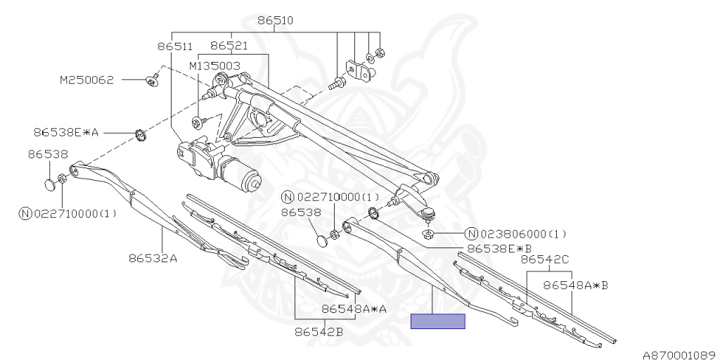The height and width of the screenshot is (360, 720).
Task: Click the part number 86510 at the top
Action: pos(275,21)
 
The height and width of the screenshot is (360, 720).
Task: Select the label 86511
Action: pos(174,46)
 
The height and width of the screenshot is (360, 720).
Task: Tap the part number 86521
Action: pos(229,46)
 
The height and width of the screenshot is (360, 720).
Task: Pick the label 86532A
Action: pos(153,257)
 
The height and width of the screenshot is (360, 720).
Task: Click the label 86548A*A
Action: pos(354,309)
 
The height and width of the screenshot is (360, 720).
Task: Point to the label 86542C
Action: pos(545,259)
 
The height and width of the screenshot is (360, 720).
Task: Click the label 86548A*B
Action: pos(575,285)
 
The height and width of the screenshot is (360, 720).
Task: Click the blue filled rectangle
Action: pos(437,321)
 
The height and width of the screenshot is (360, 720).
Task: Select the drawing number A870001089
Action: pos(679,354)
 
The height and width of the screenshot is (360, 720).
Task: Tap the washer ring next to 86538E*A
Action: pos(140,133)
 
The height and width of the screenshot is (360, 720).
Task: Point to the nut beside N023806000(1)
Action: pos(427,233)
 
